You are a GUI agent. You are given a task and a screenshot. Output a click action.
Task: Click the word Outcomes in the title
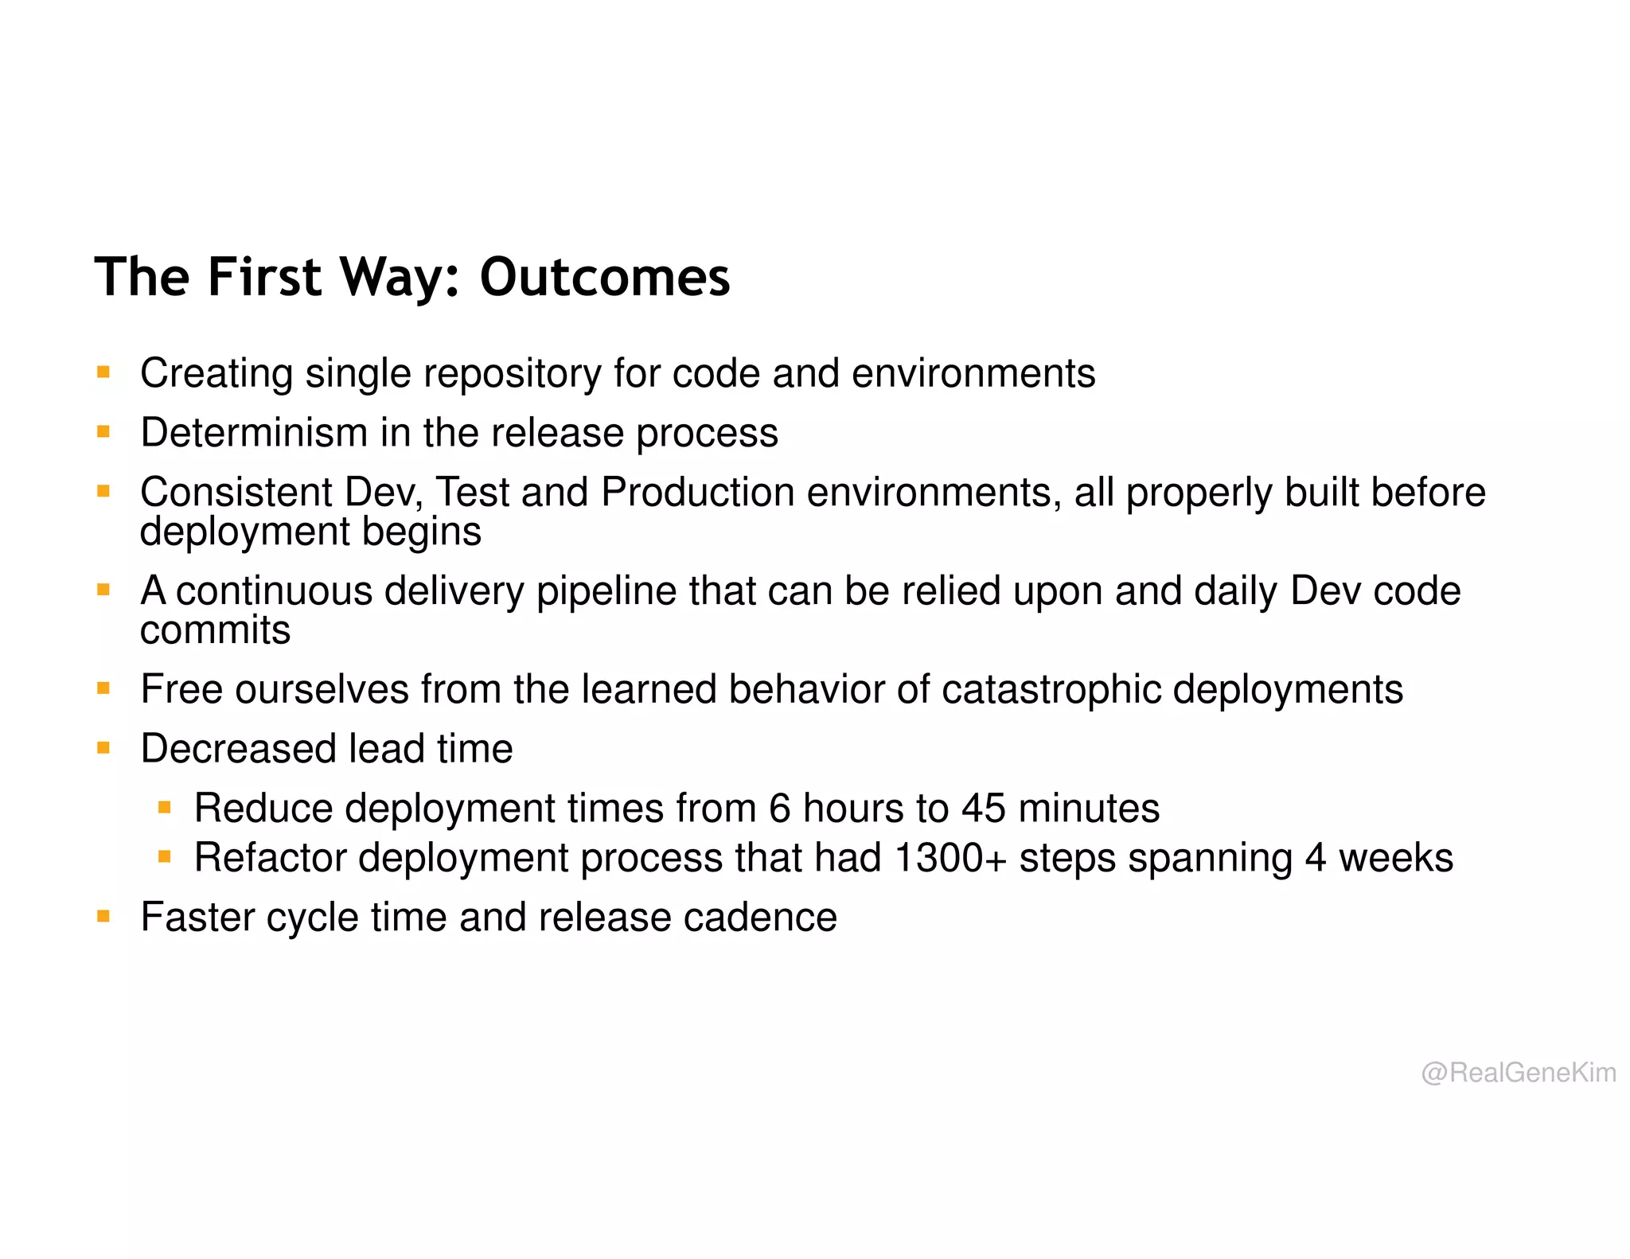[x=604, y=277]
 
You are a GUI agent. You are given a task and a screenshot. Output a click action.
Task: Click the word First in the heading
[x=264, y=277]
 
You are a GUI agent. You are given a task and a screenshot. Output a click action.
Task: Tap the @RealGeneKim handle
[x=1518, y=1072]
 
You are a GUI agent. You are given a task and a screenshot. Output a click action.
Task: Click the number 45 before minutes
[x=983, y=809]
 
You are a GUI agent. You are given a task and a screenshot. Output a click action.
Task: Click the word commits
[x=215, y=629]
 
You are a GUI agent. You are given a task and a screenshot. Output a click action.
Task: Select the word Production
[x=697, y=492]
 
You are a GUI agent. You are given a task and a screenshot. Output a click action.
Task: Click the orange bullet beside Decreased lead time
[x=103, y=747]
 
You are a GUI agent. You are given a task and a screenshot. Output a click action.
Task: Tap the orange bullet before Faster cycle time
[x=103, y=916]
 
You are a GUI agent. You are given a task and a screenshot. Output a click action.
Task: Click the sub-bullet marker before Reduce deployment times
[x=165, y=808]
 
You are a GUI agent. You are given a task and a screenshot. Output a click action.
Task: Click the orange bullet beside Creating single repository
[x=103, y=372]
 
